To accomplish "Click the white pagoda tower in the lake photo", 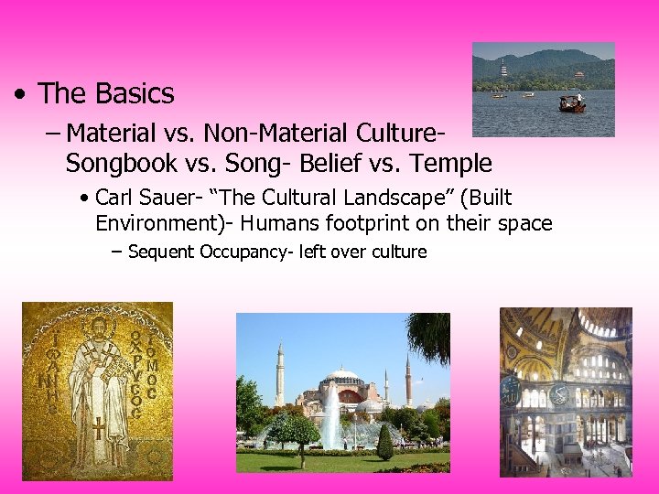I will [503, 69].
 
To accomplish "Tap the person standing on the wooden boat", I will [578, 97].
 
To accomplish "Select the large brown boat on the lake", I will [572, 105].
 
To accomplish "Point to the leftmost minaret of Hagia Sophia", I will [280, 374].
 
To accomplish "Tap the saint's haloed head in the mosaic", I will [97, 326].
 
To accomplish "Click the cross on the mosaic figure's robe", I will [97, 427].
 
